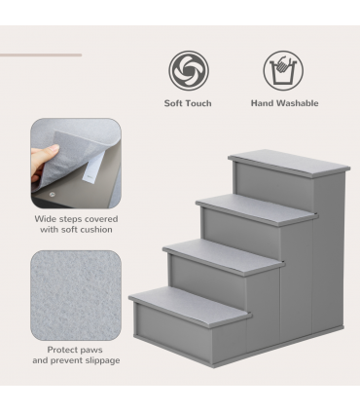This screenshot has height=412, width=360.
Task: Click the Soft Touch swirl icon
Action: click(x=189, y=71)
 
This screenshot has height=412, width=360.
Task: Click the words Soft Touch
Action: click(x=189, y=103)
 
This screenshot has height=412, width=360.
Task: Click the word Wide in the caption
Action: click(x=44, y=219)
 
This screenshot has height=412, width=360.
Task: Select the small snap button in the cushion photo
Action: click(x=51, y=193)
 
